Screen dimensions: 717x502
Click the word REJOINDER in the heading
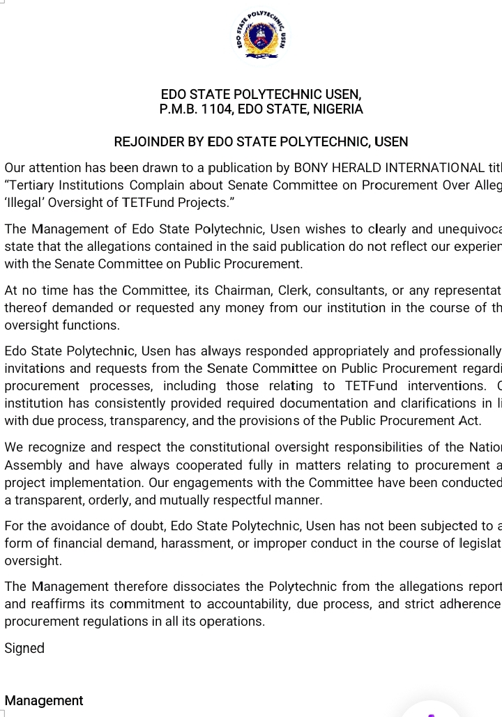click(149, 142)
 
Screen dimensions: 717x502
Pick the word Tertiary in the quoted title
click(29, 185)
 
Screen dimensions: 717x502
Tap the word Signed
click(24, 649)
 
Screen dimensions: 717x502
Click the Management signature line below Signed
click(44, 701)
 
